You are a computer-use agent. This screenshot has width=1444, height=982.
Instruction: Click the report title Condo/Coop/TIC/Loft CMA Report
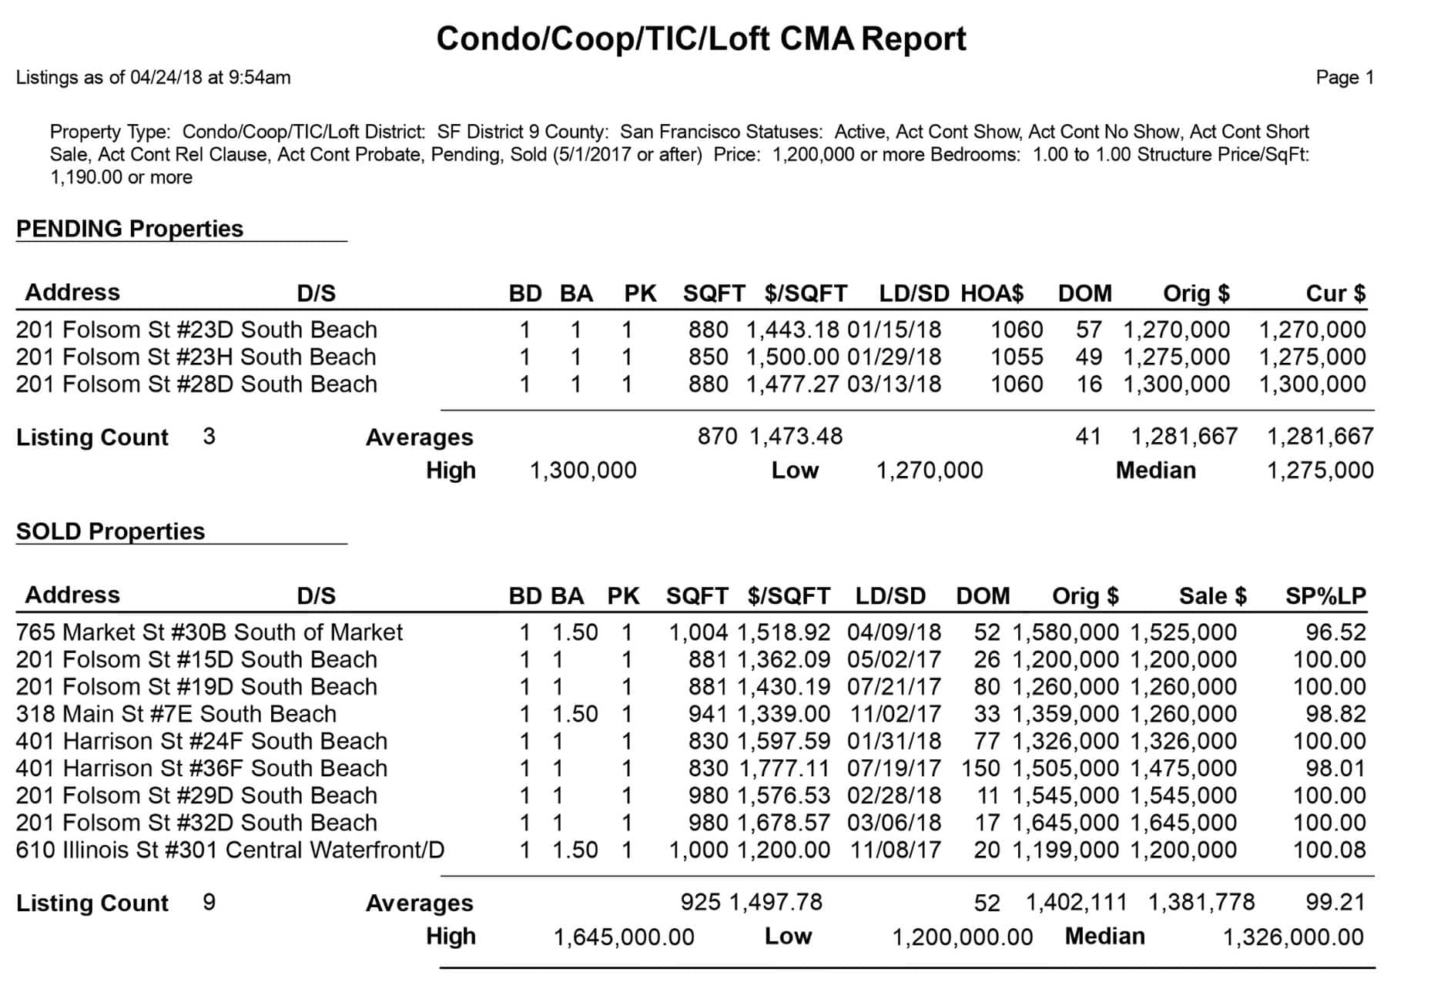(x=701, y=39)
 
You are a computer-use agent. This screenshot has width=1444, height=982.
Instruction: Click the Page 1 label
(x=1345, y=78)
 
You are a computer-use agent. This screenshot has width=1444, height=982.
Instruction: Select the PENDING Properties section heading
(x=129, y=229)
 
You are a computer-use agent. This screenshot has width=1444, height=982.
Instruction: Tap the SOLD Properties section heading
(x=110, y=531)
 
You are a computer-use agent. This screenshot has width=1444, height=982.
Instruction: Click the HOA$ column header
(x=992, y=293)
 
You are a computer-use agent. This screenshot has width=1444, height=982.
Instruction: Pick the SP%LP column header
(x=1325, y=596)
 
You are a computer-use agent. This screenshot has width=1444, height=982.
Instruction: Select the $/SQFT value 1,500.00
(x=792, y=357)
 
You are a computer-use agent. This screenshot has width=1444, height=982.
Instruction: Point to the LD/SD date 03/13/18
(x=894, y=384)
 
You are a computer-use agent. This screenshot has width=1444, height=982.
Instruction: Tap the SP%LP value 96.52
(x=1335, y=632)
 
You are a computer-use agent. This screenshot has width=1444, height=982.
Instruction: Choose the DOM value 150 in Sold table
(x=980, y=769)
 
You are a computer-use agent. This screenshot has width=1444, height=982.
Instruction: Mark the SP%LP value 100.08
(x=1329, y=850)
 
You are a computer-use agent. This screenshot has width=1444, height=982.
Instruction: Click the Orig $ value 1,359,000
(x=1065, y=714)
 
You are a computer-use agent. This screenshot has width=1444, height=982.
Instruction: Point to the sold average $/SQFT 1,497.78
(x=776, y=902)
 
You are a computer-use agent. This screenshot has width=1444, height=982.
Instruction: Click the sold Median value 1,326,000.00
(x=1293, y=937)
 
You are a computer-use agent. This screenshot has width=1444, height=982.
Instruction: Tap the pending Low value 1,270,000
(x=930, y=471)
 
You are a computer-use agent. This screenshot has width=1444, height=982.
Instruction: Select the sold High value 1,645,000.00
(x=624, y=937)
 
